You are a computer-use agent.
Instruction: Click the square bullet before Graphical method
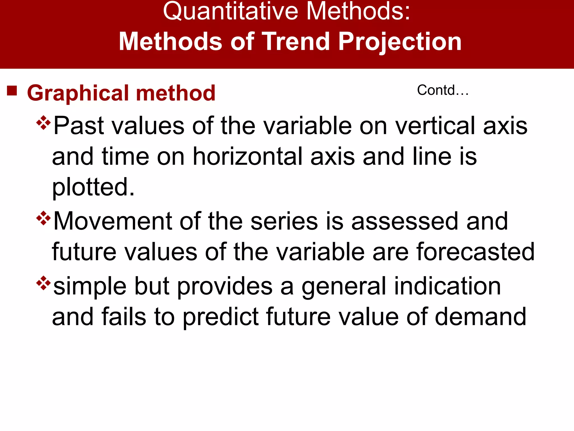[12, 91]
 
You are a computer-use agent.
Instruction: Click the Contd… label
[443, 90]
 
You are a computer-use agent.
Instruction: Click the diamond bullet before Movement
[43, 218]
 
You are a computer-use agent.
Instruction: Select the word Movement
[112, 221]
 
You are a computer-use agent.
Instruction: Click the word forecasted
[475, 252]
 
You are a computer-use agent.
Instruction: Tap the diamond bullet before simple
[43, 283]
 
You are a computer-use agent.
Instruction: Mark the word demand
[480, 317]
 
